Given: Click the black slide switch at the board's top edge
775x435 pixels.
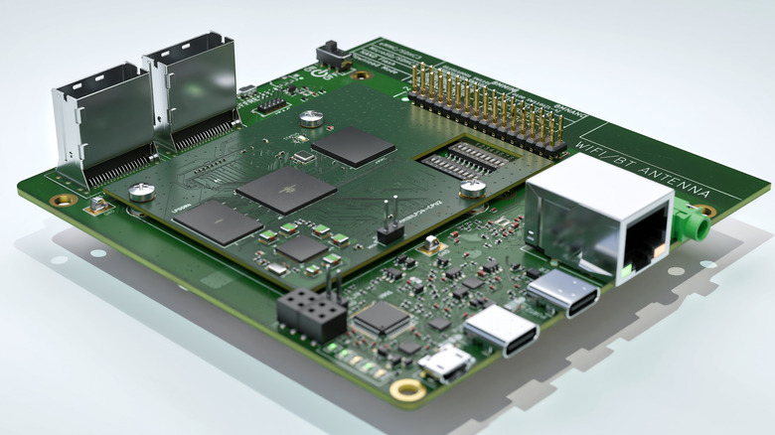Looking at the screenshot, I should click(x=334, y=55).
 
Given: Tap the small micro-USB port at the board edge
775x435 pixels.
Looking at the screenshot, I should click(x=444, y=363).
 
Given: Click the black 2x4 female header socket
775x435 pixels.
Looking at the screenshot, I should click(x=311, y=314).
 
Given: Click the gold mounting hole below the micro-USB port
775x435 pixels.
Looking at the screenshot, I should click(x=407, y=390).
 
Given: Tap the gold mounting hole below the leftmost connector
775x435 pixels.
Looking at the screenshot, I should click(x=64, y=200).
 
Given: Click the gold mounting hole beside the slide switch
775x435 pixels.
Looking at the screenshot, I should click(x=361, y=74).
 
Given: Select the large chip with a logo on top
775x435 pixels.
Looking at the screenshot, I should click(x=285, y=189).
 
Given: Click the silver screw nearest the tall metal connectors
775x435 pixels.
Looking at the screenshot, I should click(x=142, y=191).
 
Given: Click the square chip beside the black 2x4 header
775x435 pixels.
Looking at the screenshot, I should click(x=382, y=318).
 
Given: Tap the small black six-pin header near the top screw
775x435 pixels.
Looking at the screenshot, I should click(x=271, y=104).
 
